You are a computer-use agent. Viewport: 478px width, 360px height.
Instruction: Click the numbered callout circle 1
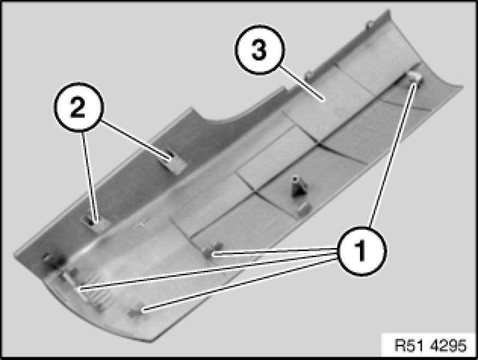pyautogui.click(x=362, y=251)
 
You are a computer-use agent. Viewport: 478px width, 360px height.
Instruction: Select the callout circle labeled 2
pyautogui.click(x=79, y=107)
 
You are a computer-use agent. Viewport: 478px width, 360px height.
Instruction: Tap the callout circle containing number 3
pyautogui.click(x=259, y=49)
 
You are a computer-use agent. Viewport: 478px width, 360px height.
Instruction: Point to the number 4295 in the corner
pyautogui.click(x=449, y=345)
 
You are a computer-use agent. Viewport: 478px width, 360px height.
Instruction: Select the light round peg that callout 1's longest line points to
pyautogui.click(x=415, y=78)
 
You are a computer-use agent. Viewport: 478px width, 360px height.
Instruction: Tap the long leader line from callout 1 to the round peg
pyautogui.click(x=392, y=155)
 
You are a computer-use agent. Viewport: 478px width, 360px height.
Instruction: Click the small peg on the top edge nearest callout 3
pyautogui.click(x=309, y=74)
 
